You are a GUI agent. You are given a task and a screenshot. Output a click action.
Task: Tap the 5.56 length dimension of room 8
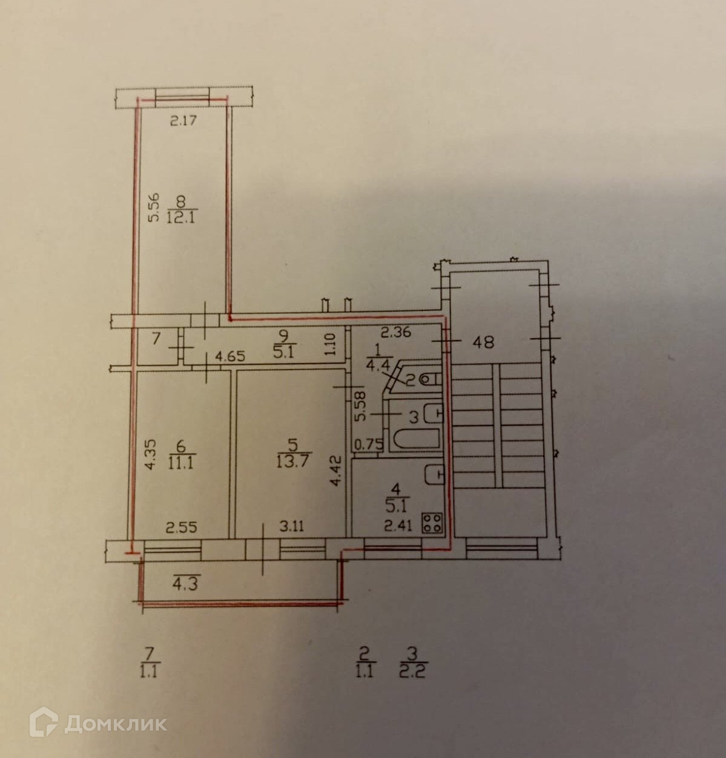coord(154,207)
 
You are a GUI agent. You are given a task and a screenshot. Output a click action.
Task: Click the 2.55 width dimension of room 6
coord(179,526)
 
